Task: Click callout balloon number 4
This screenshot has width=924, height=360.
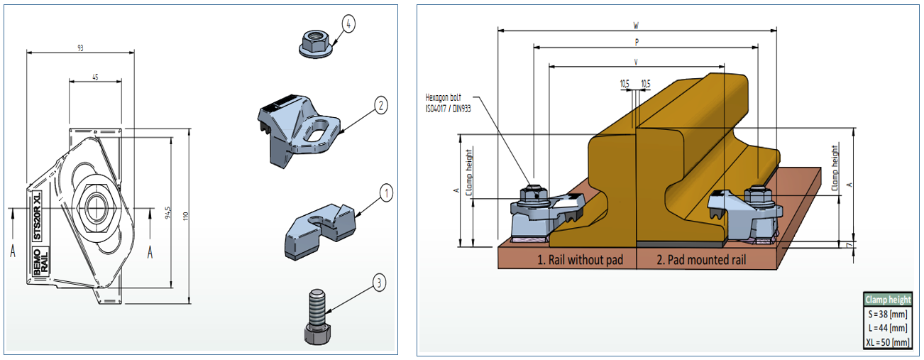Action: click(347, 23)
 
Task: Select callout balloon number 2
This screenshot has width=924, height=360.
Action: click(380, 106)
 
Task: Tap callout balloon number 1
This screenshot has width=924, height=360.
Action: click(385, 192)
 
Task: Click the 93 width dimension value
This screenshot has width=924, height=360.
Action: click(80, 48)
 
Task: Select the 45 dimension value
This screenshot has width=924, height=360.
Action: click(95, 77)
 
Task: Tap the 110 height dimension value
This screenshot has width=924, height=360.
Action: click(185, 215)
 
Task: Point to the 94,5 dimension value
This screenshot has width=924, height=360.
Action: click(168, 213)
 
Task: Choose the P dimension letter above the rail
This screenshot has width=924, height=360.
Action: click(637, 43)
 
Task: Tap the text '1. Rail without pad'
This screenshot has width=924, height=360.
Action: click(579, 260)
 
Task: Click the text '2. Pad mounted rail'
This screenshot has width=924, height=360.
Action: click(701, 260)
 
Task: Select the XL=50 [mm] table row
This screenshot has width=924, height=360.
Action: click(886, 342)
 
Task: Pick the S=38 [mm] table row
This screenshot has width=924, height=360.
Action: click(886, 314)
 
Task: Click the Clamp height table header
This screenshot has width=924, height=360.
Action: click(887, 300)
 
